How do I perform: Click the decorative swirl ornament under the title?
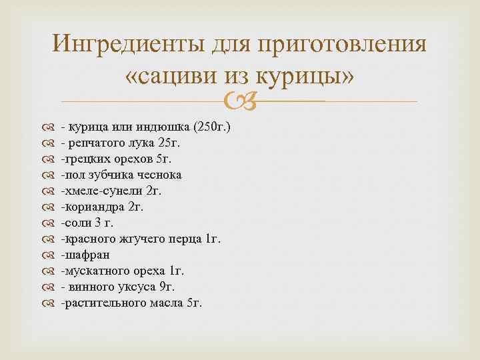[x=240, y=101]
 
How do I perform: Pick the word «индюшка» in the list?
[x=158, y=127]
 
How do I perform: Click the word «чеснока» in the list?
[x=159, y=175]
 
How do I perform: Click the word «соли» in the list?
[x=73, y=223]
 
